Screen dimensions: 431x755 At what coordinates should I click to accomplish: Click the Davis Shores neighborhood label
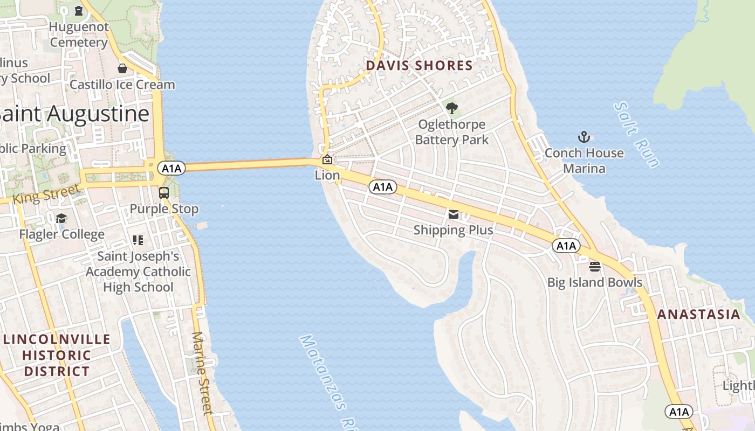click(x=419, y=66)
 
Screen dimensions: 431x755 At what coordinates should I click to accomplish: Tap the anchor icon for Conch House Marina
click(x=584, y=137)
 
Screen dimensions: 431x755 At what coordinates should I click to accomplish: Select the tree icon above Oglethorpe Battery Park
click(x=452, y=108)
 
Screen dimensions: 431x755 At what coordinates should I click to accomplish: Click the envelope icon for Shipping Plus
click(x=453, y=214)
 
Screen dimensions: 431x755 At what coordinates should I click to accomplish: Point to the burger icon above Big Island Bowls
click(x=595, y=266)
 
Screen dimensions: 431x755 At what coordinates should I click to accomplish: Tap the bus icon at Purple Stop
click(x=163, y=192)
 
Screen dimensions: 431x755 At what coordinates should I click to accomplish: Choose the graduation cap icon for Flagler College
click(x=61, y=218)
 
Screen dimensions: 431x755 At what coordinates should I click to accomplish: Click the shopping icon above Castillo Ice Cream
click(x=122, y=68)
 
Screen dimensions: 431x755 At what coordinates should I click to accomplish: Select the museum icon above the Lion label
click(x=327, y=159)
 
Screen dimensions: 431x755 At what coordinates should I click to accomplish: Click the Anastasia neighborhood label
click(x=698, y=315)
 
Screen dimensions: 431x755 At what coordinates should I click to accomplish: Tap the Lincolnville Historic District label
click(x=57, y=355)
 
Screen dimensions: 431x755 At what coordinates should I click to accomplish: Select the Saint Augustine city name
click(x=74, y=114)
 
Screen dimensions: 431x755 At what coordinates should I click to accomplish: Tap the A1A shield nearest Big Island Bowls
click(x=566, y=246)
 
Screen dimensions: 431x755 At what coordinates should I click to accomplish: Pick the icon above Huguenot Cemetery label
click(x=79, y=10)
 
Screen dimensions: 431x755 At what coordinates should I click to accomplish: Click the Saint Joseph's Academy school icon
click(x=138, y=240)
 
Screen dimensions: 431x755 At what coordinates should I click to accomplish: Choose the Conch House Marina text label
click(x=584, y=161)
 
